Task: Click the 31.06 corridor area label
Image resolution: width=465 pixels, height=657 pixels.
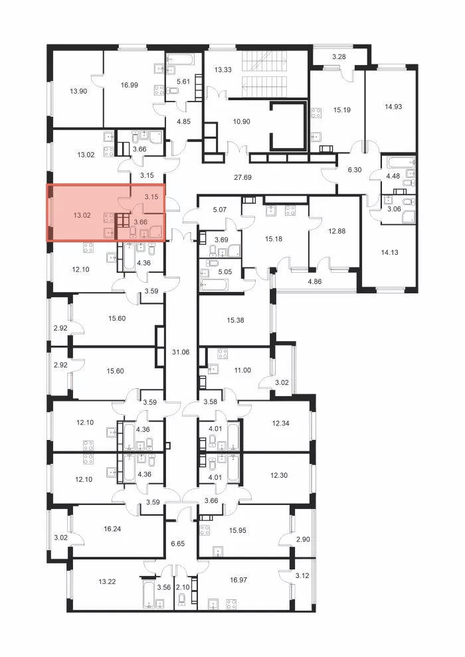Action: click(181, 352)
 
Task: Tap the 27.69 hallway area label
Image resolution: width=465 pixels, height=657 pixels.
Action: click(242, 177)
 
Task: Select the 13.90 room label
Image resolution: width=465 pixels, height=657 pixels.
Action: click(78, 91)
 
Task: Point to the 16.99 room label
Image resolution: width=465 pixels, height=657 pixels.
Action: click(129, 85)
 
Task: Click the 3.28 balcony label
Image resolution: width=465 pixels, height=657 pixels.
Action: click(339, 56)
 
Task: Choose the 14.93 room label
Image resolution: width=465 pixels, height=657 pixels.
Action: click(393, 107)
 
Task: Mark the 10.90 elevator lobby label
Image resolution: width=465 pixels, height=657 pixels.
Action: click(241, 121)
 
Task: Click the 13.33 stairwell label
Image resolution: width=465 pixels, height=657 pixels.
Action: click(223, 70)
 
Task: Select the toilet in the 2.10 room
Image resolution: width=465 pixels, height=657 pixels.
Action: click(182, 600)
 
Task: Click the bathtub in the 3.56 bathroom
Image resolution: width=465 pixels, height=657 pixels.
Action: click(149, 593)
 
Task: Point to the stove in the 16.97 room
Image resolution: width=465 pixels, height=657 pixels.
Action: click(231, 604)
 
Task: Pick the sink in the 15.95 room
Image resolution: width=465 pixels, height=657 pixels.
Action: click(217, 551)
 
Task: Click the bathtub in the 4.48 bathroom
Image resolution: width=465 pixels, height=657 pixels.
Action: click(401, 163)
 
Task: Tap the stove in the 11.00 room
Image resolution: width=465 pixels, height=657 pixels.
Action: click(223, 354)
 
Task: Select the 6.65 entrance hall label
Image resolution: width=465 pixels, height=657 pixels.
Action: click(177, 544)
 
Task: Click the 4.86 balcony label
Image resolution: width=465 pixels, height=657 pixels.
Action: click(315, 281)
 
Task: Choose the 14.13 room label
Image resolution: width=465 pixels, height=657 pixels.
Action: click(389, 252)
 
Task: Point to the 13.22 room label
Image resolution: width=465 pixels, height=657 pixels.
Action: click(107, 581)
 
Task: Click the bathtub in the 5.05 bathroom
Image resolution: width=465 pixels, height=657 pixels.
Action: click(214, 285)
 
